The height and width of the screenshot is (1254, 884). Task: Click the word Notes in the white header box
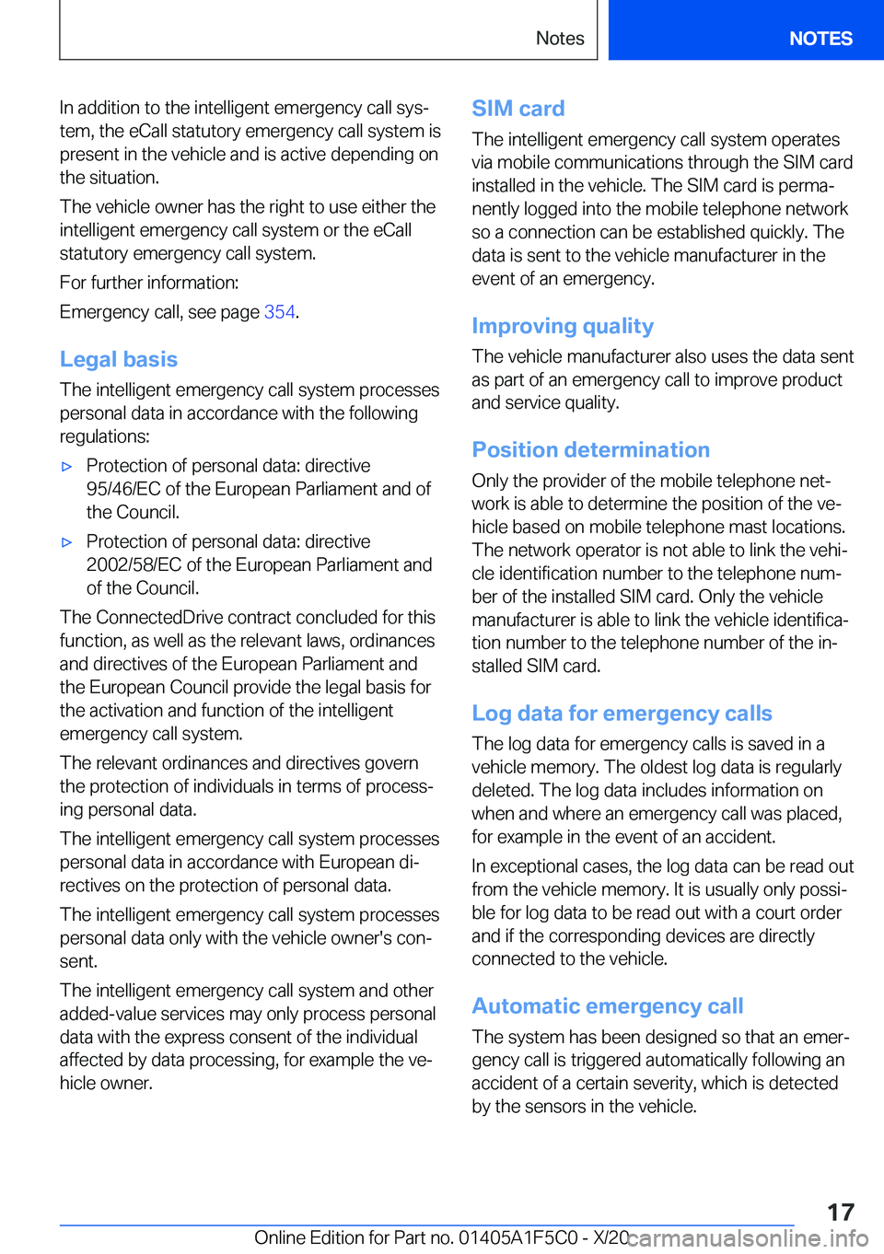[560, 39]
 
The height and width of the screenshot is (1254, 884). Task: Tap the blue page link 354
[279, 312]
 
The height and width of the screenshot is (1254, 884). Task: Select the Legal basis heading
[119, 359]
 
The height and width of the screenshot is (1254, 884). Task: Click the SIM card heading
[518, 109]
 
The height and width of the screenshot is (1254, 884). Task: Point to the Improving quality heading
[563, 326]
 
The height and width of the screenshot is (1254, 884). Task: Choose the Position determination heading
[590, 449]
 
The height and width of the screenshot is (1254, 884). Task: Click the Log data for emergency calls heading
[622, 714]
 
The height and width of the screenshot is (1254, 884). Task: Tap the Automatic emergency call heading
[607, 1006]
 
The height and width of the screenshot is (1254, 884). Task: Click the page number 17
[840, 1213]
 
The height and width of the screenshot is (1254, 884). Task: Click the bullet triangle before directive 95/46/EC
[66, 467]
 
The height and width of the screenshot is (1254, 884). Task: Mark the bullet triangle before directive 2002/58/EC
[66, 542]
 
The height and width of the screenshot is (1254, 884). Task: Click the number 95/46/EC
[123, 489]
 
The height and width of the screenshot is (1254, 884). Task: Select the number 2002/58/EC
[134, 564]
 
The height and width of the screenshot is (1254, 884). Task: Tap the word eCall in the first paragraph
[148, 131]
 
